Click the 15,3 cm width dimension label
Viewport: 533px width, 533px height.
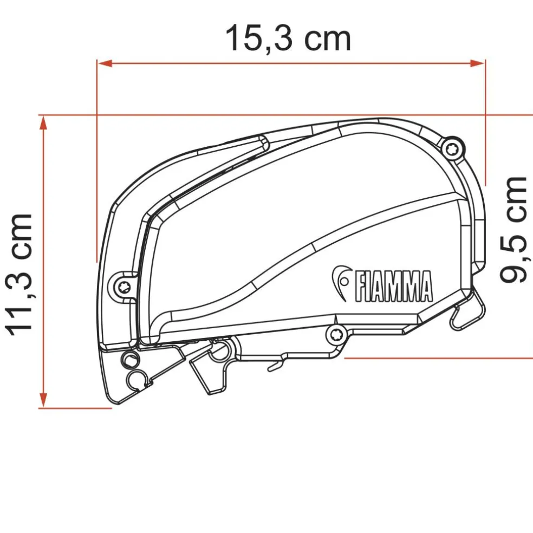pos(288,38)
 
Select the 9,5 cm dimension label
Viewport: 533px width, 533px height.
pos(513,229)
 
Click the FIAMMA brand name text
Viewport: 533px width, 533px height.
pos(393,285)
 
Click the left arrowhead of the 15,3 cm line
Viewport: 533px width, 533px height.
pos(103,63)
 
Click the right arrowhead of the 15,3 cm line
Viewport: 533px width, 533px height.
pos(479,63)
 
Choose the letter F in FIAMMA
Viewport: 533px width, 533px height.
pos(360,286)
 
